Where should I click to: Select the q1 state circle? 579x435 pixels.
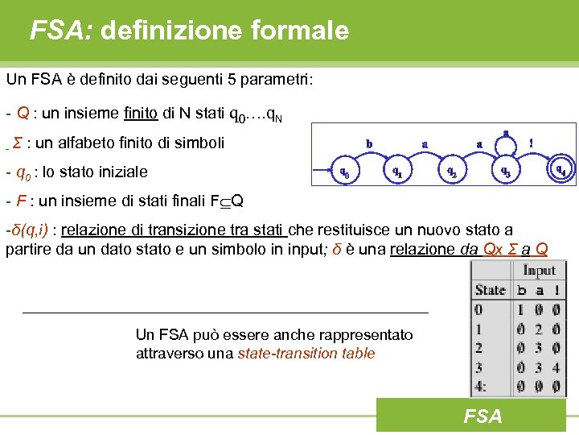396,171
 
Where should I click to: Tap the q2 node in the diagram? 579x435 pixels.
452,171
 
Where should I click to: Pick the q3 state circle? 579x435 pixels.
505,171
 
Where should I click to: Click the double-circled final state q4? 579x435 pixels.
561,170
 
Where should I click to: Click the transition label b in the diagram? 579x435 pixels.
369,144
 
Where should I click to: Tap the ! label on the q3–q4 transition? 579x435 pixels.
530,143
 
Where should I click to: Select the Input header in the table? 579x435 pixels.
540,271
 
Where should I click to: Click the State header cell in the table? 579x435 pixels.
491,290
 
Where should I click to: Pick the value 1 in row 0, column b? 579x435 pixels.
521,309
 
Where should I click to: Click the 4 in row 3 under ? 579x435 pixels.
555,367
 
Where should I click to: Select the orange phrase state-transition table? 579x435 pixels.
306,354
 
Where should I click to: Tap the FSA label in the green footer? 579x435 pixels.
482,416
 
